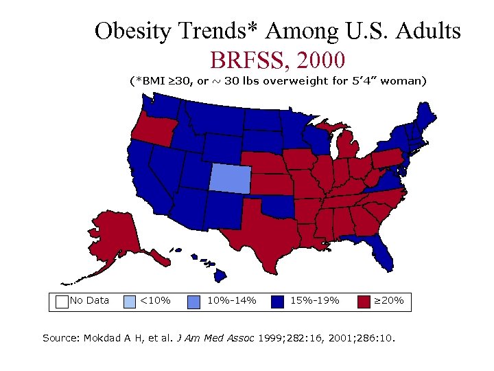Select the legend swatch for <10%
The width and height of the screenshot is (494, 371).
click(x=129, y=301)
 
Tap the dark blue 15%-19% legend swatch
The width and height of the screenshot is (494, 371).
click(x=278, y=301)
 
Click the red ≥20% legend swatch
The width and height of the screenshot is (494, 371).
click(x=363, y=301)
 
